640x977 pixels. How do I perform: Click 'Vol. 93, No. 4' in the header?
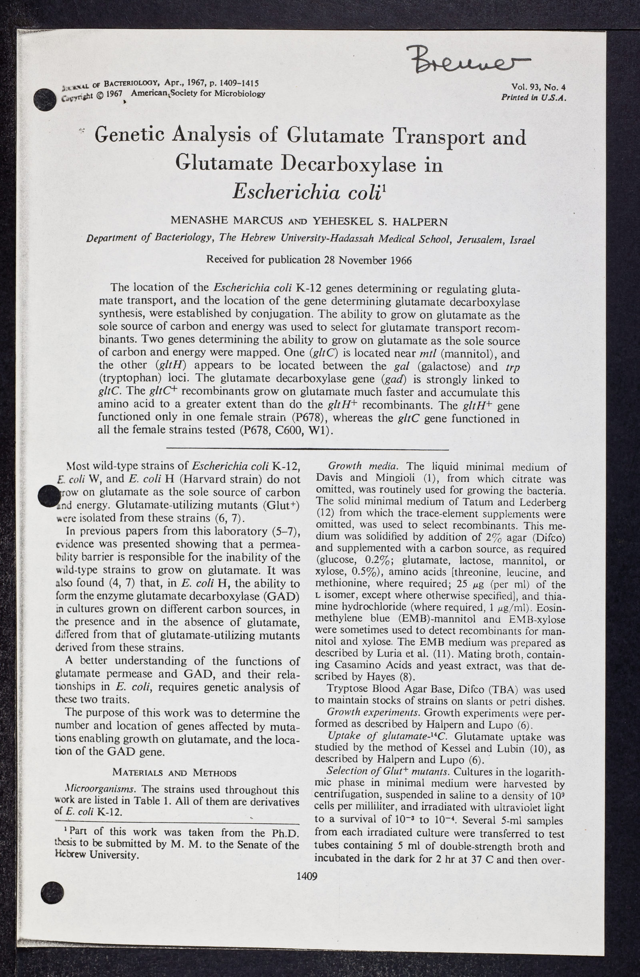click(x=538, y=87)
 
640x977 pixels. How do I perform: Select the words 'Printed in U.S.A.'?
click(x=533, y=97)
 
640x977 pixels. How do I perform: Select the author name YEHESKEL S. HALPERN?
click(x=380, y=222)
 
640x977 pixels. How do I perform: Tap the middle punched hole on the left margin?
click(x=48, y=496)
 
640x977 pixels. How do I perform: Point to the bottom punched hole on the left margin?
click(x=52, y=891)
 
